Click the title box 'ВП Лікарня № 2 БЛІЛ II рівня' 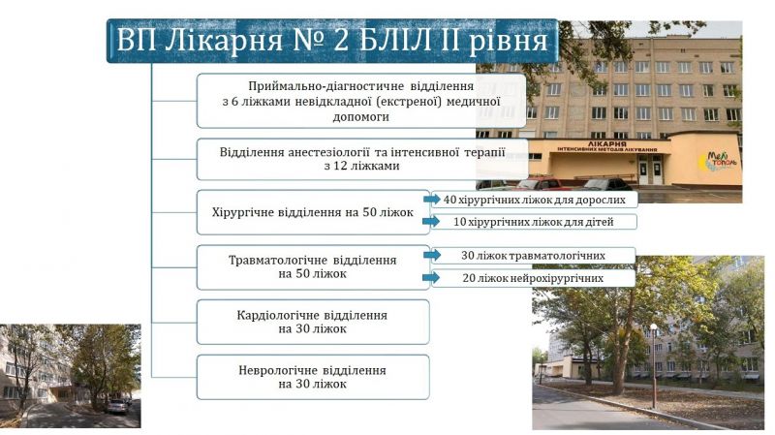pos(332,41)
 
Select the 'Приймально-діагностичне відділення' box pos(361,101)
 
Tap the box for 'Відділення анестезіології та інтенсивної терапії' pos(362,159)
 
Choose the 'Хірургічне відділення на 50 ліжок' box pos(313,212)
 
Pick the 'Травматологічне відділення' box pos(313,267)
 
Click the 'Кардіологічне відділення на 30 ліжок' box pos(313,323)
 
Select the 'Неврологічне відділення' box pos(313,377)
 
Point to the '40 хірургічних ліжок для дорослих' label pos(535,200)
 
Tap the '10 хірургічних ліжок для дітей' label pos(535,222)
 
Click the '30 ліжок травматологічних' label pos(534,256)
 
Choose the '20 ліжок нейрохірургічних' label pos(534,278)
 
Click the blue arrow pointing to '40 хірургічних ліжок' pos(431,200)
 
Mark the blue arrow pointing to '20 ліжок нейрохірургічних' pos(431,277)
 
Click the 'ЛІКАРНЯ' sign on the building pos(607,143)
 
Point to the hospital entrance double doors pos(650,170)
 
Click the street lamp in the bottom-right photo pos(654,366)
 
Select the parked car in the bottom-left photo pos(116,406)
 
